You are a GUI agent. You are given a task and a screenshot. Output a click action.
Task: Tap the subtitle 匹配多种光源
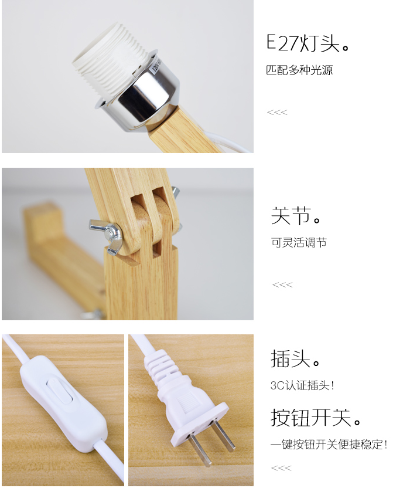point(299,70)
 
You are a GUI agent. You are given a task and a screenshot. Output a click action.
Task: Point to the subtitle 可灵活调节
point(299,242)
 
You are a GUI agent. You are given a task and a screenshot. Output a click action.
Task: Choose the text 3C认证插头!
point(302,385)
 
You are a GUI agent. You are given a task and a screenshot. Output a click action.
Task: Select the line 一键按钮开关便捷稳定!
point(329,444)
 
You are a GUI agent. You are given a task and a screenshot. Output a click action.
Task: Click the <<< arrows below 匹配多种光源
point(277,112)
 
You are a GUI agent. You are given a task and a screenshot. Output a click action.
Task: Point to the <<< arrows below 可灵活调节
point(282,284)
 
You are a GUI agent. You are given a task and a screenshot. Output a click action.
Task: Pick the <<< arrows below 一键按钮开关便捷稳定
point(281,468)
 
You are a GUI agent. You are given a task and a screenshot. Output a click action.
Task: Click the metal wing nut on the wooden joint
point(105,236)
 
